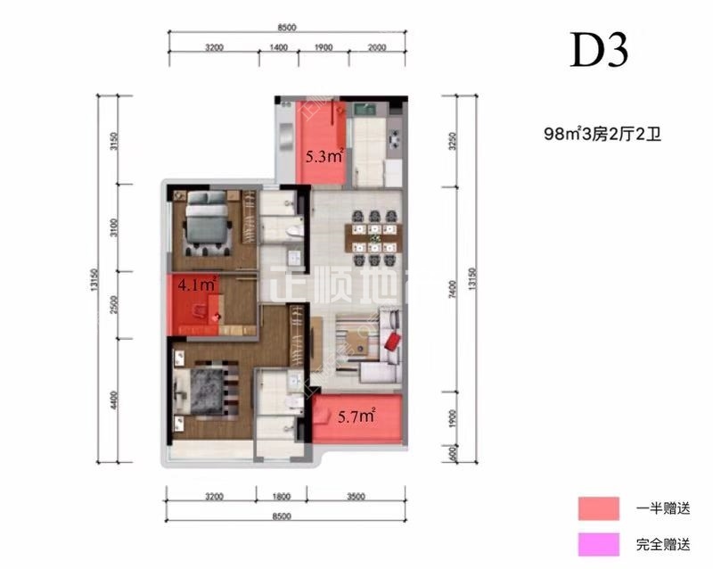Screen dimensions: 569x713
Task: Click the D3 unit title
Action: click(600, 52)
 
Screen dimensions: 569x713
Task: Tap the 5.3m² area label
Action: click(324, 157)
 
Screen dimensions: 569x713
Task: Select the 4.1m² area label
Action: click(197, 285)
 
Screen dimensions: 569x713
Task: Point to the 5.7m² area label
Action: click(355, 415)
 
